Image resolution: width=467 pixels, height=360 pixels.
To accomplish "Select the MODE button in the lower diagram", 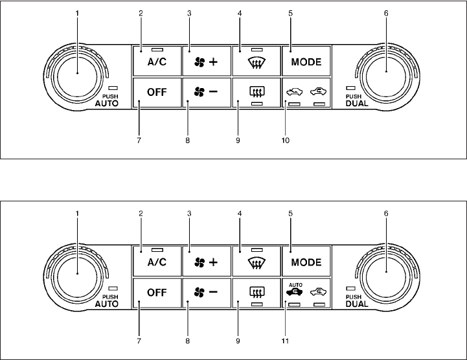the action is (306, 262).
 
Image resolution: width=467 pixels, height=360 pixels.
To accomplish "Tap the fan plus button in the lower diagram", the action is (205, 262).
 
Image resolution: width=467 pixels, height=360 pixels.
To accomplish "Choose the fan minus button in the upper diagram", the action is (205, 91).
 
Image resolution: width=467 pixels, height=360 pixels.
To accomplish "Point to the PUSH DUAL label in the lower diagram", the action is (357, 300).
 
